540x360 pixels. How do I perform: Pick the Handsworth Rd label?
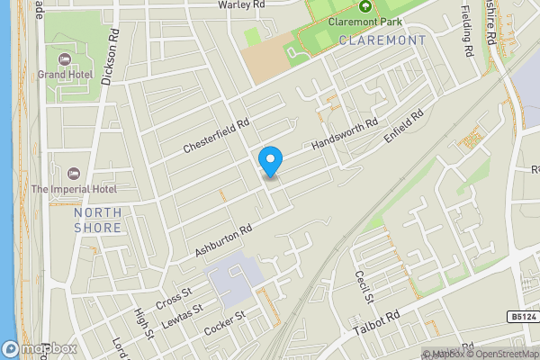346,134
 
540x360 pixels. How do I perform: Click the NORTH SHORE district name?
98,220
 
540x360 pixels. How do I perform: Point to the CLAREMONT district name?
382,40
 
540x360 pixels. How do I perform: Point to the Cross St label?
175,296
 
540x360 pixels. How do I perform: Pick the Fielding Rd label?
466,31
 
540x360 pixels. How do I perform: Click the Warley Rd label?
241,5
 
